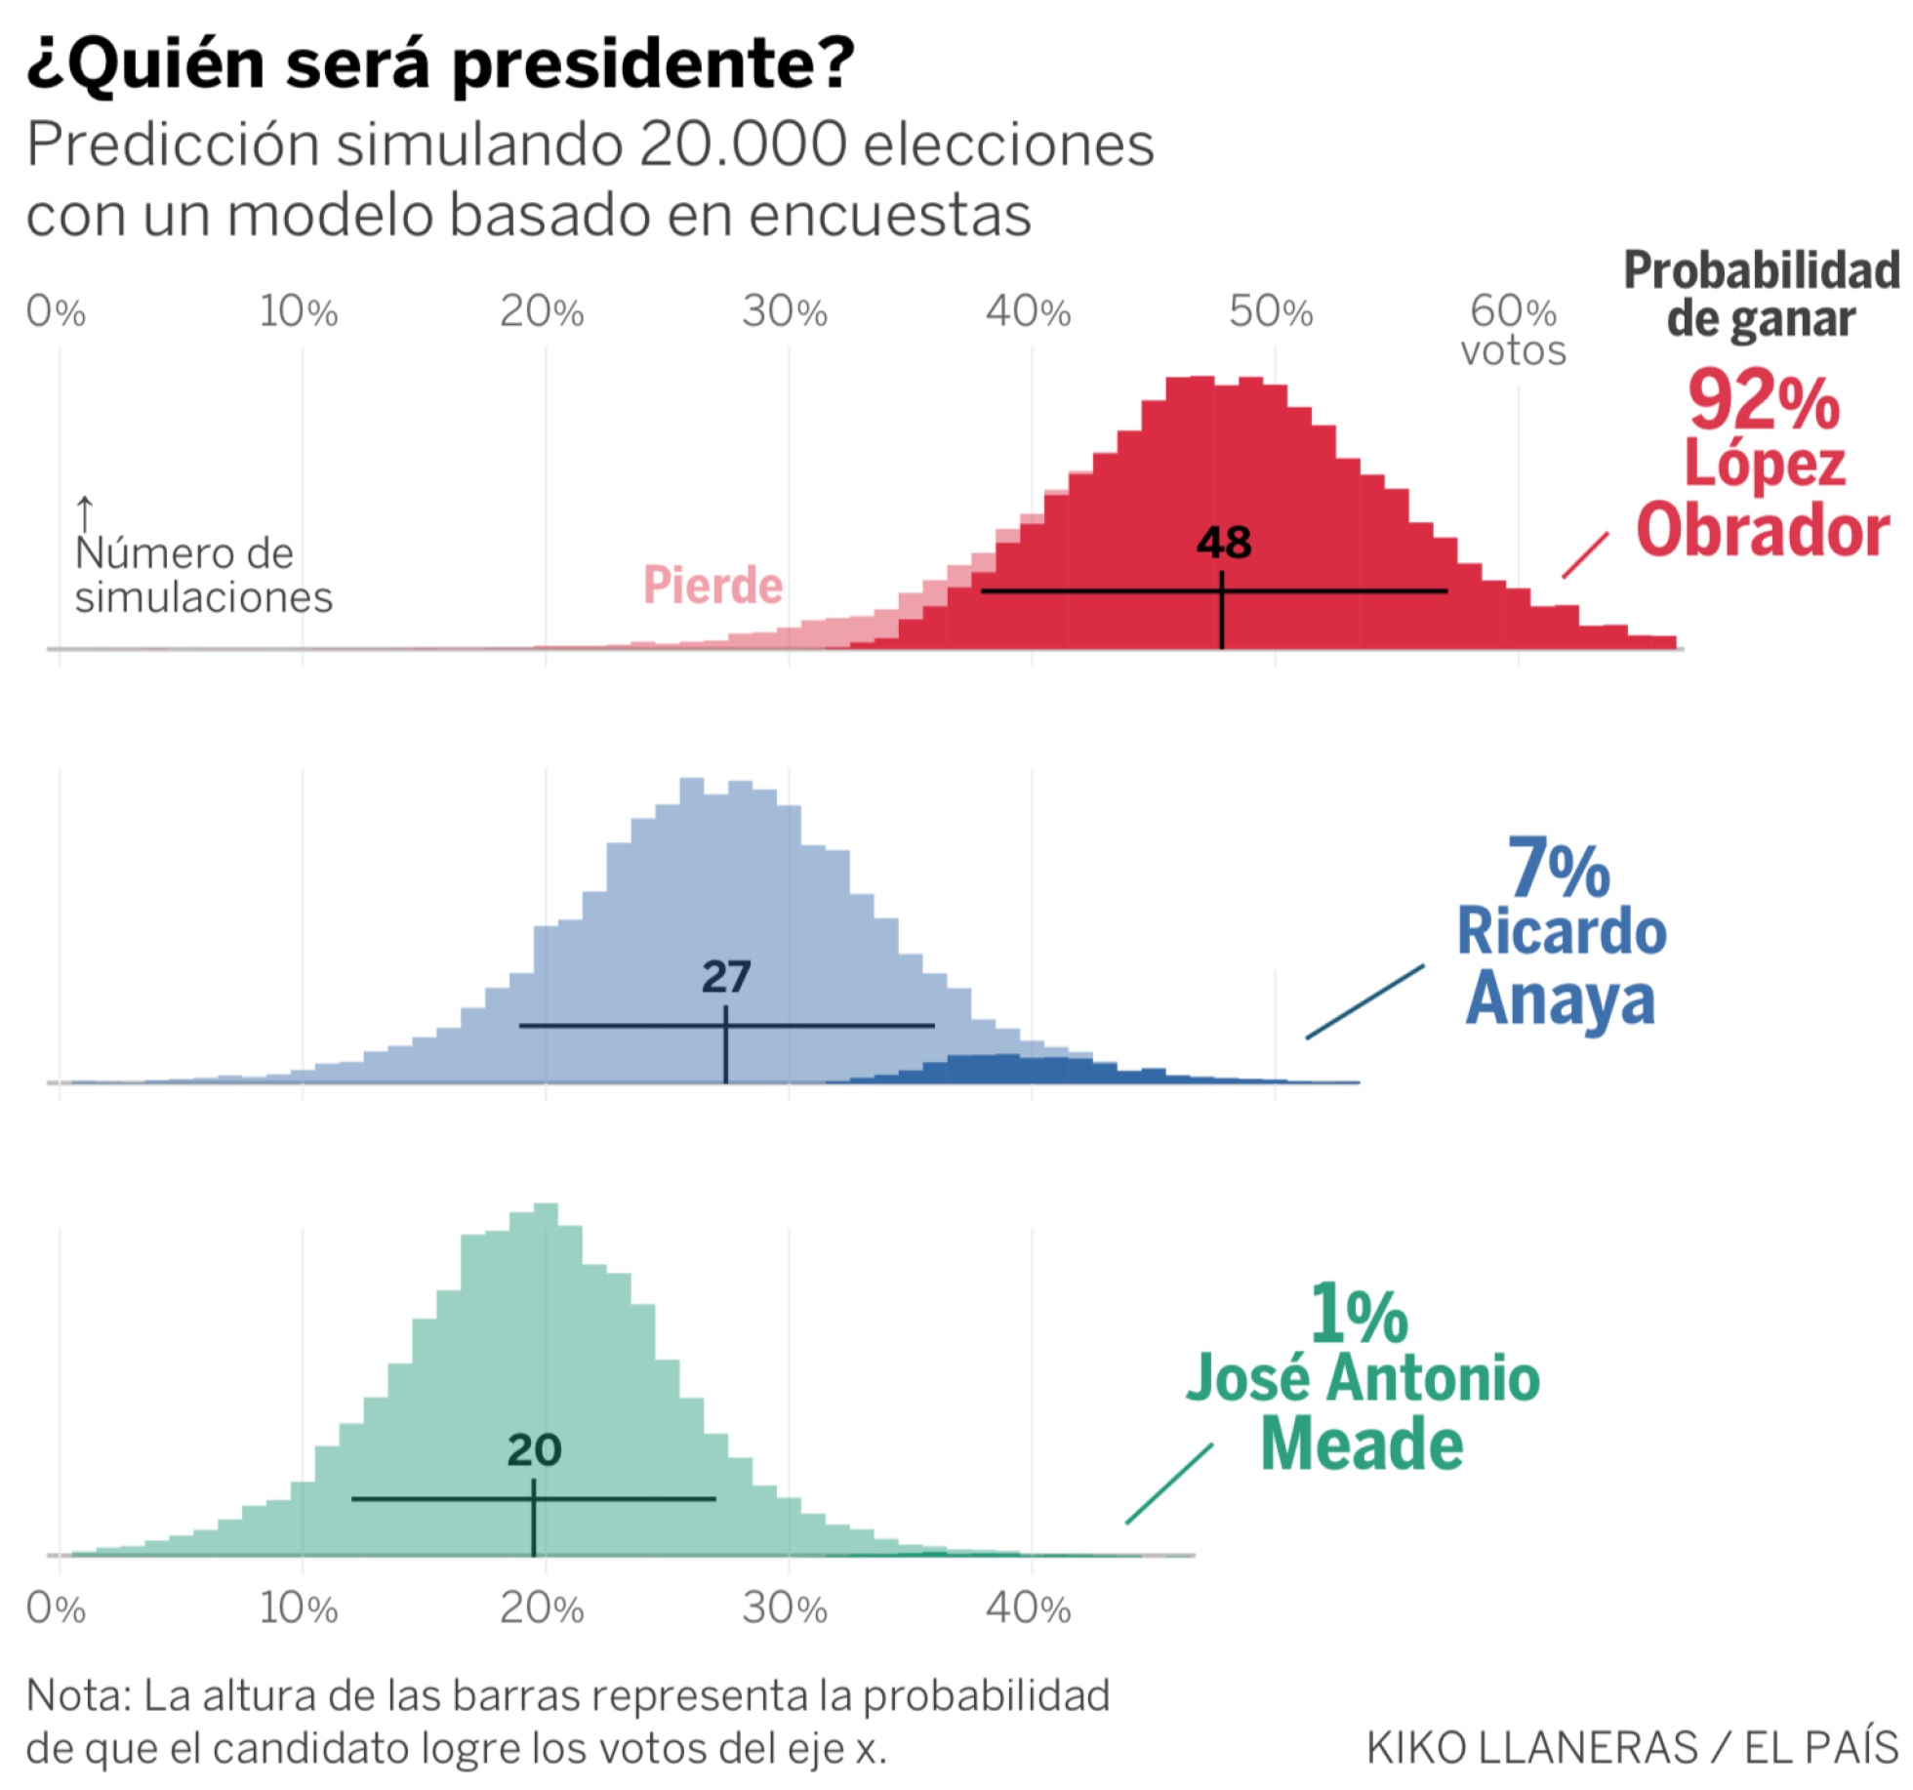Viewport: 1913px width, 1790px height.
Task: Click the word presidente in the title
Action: tap(653, 64)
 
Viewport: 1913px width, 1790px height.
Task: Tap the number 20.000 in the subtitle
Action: tap(743, 145)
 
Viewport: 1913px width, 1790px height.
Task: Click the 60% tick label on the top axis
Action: tap(1512, 312)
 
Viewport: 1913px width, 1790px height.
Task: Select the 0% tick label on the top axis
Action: tap(56, 312)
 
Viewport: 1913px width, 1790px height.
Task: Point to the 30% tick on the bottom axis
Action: tap(785, 1608)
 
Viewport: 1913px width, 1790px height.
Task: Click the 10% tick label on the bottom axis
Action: tap(299, 1608)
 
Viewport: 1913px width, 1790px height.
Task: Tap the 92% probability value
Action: tap(1764, 401)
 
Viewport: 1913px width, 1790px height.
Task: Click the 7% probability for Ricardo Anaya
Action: tap(1559, 868)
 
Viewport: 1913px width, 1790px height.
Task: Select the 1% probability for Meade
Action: tap(1359, 1315)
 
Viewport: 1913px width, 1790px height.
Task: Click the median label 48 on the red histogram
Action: tap(1224, 543)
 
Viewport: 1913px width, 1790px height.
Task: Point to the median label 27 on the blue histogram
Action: tap(726, 977)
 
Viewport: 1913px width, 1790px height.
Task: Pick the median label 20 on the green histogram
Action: tap(534, 1450)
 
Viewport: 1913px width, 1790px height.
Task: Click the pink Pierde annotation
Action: tap(712, 586)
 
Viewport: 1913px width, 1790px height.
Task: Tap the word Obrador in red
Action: tap(1763, 531)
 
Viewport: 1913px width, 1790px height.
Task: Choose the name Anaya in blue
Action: tap(1560, 998)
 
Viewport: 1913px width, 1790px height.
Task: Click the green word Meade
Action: tap(1362, 1444)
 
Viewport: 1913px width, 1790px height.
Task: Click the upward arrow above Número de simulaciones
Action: tap(85, 513)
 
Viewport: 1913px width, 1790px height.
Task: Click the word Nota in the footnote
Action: tap(78, 1695)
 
